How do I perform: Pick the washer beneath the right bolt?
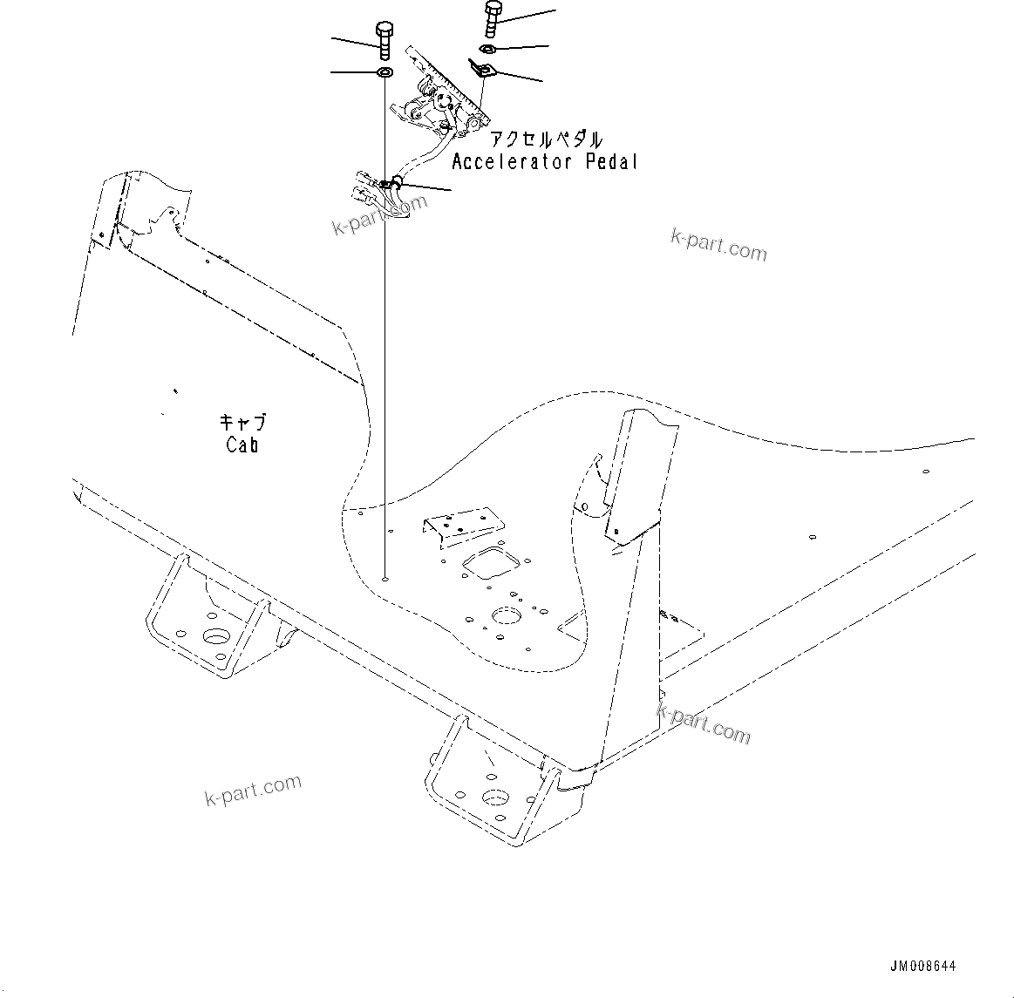pos(487,47)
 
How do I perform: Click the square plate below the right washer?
pos(481,70)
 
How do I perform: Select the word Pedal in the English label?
pos(610,162)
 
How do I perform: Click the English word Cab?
pos(242,445)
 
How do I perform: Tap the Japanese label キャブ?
pos(242,423)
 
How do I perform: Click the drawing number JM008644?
pos(923,967)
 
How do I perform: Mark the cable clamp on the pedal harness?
pos(395,182)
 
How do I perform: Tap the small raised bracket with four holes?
pos(462,526)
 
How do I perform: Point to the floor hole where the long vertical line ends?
pos(385,576)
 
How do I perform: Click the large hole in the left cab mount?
pos(214,635)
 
